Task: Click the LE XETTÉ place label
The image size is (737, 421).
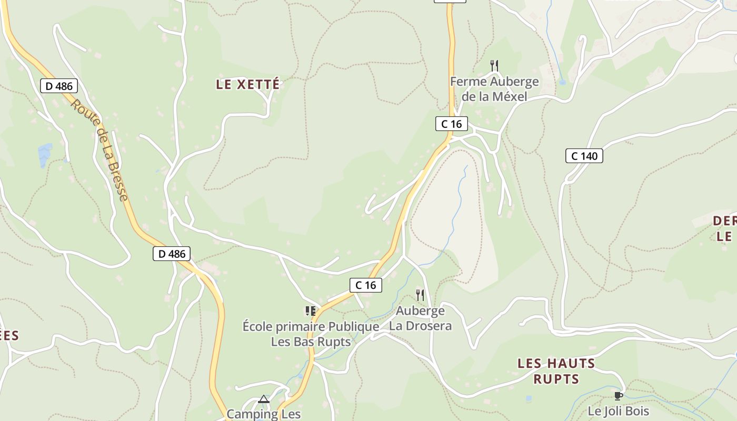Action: coord(247,84)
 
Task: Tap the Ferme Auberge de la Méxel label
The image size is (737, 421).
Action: coord(494,89)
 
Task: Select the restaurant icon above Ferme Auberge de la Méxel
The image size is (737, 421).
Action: coord(494,66)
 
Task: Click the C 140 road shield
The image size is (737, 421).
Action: coord(584,156)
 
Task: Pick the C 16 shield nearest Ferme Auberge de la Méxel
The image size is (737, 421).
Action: coord(452,124)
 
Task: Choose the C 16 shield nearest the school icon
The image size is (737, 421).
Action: coord(366,285)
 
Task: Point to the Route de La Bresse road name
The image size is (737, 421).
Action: coord(99,150)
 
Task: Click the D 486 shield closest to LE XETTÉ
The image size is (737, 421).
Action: coord(59,86)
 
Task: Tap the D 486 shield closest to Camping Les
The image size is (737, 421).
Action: coord(172,254)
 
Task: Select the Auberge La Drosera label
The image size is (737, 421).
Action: coord(420,318)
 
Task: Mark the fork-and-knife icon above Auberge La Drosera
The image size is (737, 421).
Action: coord(420,295)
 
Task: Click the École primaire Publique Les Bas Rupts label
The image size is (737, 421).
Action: coord(311,334)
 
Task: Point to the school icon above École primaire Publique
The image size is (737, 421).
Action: coord(311,311)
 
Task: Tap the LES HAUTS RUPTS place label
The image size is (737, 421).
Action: coord(556,371)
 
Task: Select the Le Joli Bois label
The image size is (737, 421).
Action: coord(619,411)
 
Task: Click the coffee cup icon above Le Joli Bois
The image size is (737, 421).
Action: coord(619,396)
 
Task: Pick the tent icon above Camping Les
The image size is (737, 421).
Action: coord(264,399)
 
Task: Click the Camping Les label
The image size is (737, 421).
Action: coord(264,414)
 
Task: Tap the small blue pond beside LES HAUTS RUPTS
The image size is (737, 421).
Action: coord(529,398)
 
